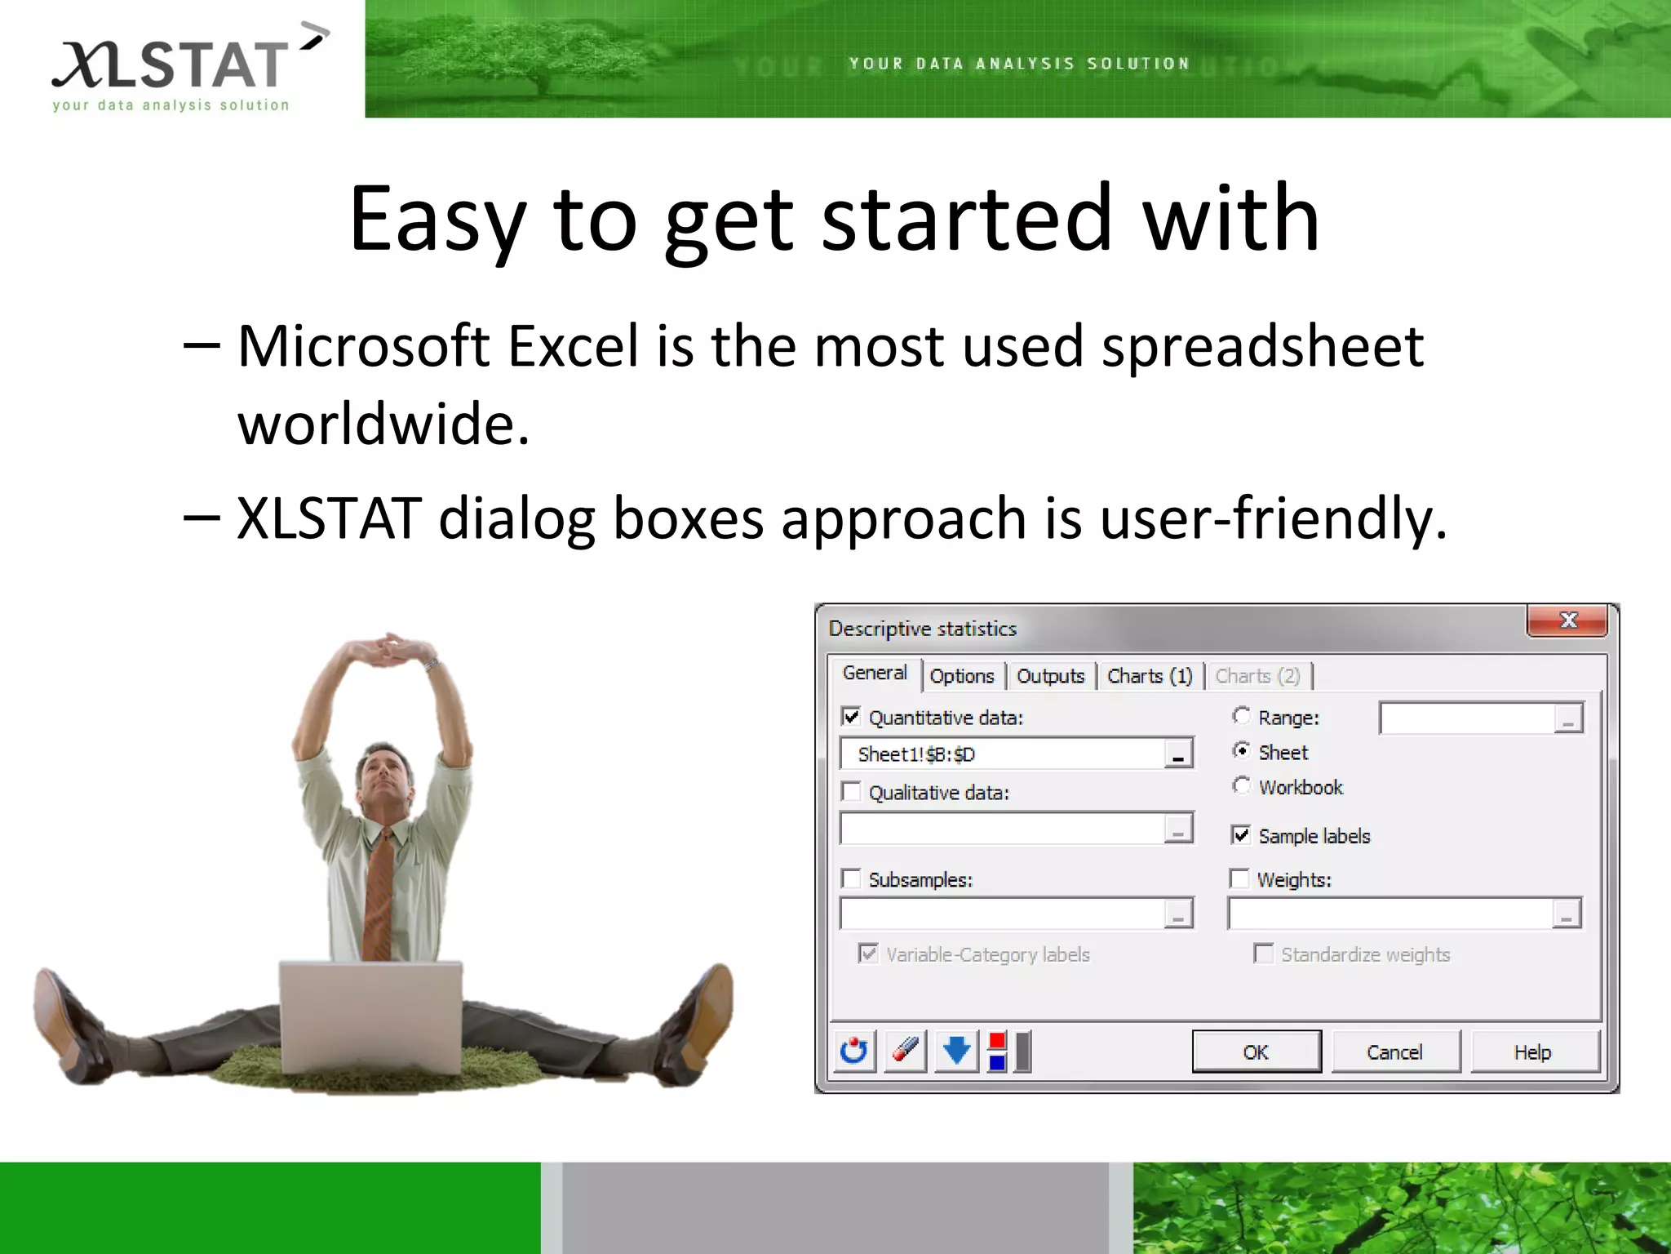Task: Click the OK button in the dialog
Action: coord(1256,1052)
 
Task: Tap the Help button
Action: coord(1533,1052)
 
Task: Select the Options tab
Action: coord(962,676)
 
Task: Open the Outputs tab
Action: coord(1050,676)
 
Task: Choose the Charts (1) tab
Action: coord(1150,676)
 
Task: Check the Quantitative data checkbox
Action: coord(851,717)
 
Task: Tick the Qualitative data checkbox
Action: coord(851,792)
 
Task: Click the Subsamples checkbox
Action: coord(851,878)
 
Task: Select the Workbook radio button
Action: coord(1241,785)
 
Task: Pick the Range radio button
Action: coord(1241,716)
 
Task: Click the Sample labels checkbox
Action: coord(1240,834)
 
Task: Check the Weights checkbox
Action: coord(1239,878)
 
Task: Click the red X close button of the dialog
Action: coord(1567,620)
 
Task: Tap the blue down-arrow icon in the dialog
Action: coord(956,1051)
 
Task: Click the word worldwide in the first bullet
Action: coord(383,425)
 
